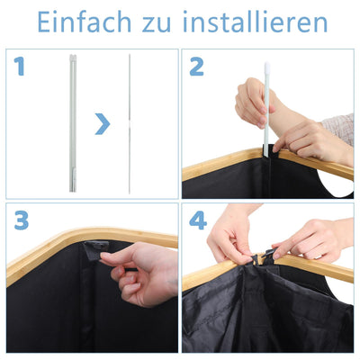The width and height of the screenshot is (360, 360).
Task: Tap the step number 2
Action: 197,66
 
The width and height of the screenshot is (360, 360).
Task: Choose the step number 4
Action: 197,221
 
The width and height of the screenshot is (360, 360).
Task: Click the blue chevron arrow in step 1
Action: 103,123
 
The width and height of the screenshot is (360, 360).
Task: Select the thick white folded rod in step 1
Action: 71,122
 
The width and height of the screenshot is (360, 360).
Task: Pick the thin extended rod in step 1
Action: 130,122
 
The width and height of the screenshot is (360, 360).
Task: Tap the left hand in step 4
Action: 229,238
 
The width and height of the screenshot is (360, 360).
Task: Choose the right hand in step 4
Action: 310,238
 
